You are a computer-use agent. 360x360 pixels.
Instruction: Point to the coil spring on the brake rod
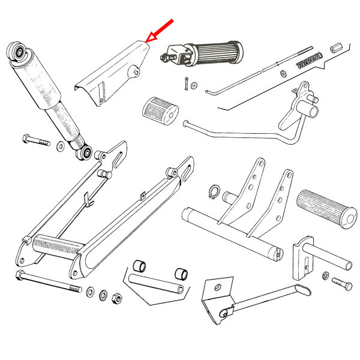pos(310,59)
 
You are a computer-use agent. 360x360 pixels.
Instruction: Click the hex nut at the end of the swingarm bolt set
pos(118,298)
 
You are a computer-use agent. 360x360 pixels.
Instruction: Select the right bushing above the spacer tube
pos(179,274)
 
